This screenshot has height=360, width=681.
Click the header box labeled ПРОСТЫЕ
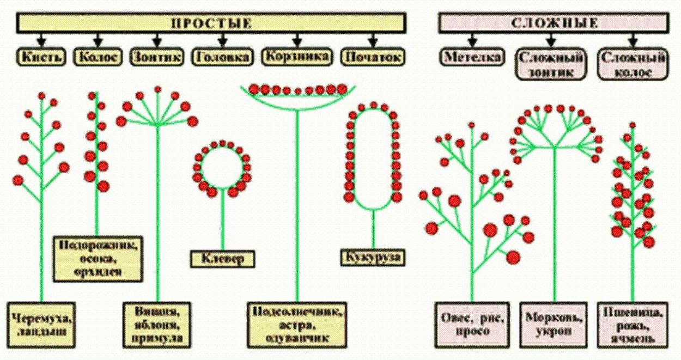click(x=211, y=23)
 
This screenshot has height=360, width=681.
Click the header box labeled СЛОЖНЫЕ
click(x=554, y=23)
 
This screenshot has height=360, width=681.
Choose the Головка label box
click(x=222, y=57)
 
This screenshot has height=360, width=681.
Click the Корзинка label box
click(x=297, y=56)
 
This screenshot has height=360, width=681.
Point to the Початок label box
click(x=373, y=57)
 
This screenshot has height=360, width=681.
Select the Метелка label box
click(x=472, y=57)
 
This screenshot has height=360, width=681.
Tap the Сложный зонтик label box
click(x=551, y=64)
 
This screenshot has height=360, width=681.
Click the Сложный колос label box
click(x=633, y=64)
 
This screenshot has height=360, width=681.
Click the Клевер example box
click(x=223, y=259)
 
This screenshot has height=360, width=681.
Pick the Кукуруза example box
click(x=374, y=257)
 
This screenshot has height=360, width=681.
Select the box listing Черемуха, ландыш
click(x=41, y=324)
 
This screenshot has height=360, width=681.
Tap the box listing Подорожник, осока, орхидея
click(x=98, y=258)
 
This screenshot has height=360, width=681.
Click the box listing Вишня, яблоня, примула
click(x=157, y=325)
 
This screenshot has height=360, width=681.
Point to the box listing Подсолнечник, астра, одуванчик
click(x=297, y=325)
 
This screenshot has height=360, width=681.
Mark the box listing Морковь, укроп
click(x=553, y=325)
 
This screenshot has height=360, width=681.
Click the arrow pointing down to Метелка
click(x=472, y=40)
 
